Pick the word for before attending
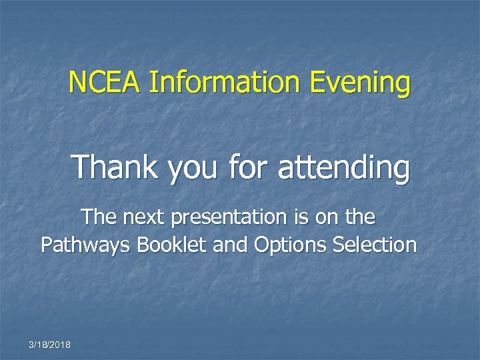pos(248,167)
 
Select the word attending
pos(343,168)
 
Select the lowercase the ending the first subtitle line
pos(359,217)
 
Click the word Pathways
pos(85,245)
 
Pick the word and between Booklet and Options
pos(231,245)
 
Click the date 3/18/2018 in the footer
pos(51,345)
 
